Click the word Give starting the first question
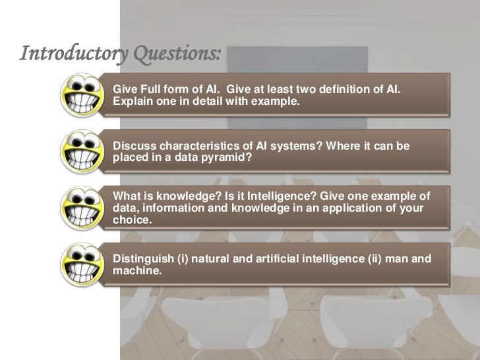(125, 89)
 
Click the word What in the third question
(127, 196)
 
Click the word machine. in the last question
(136, 270)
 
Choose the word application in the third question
(346, 209)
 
